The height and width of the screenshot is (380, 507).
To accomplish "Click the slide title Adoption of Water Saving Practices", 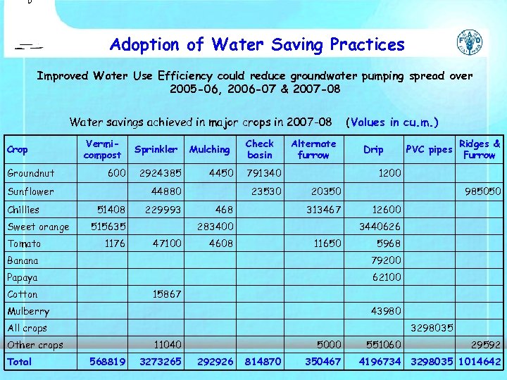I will (257, 45).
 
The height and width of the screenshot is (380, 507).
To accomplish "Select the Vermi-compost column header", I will (102, 149).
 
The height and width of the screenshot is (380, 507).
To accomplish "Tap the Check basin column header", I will (259, 149).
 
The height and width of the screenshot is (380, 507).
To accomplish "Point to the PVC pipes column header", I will (429, 150).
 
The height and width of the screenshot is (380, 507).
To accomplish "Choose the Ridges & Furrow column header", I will (480, 149).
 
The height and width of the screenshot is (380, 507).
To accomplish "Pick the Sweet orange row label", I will (38, 227).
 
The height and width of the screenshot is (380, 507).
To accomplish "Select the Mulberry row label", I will (28, 311).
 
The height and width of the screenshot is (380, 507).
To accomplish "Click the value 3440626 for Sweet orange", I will (380, 227).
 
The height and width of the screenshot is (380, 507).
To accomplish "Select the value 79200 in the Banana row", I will (386, 260).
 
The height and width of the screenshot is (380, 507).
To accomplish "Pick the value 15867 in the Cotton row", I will (167, 294).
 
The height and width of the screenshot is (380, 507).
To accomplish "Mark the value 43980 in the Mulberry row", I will (386, 311).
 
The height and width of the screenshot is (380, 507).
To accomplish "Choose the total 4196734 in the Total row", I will (380, 362).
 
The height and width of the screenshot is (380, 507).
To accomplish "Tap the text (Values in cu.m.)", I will (393, 122).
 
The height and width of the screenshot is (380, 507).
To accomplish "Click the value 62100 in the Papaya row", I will (386, 277).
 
